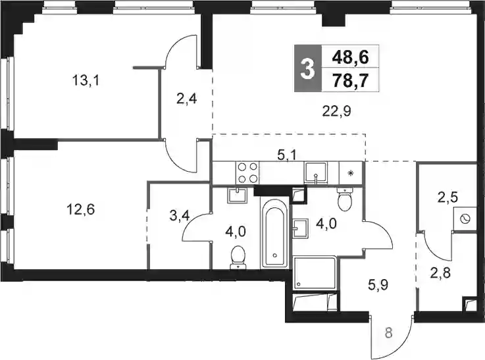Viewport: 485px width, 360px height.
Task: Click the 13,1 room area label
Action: coord(86,82)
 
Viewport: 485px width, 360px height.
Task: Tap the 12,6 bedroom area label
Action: coord(81,210)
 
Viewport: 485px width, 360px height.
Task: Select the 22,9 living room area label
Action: coord(336,111)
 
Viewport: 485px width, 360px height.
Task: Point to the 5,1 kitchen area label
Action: coord(287,154)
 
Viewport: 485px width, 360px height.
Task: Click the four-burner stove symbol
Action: coord(247,172)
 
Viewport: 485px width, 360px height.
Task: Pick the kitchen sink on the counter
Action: coord(316,173)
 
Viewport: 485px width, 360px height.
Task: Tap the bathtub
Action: coord(275,233)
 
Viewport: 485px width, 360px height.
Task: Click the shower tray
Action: coord(315,272)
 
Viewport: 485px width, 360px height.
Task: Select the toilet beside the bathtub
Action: coord(238,257)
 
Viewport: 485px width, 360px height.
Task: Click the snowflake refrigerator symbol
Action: coord(351,173)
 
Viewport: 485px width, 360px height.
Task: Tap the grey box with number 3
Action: coord(308,68)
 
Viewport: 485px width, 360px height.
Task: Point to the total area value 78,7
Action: coord(350,81)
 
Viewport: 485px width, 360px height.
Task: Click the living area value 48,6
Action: coord(351,57)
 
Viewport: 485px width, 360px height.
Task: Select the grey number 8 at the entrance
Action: coord(389,334)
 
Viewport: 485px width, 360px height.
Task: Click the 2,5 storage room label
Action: coord(447,197)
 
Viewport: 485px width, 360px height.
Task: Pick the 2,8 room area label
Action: coord(440,273)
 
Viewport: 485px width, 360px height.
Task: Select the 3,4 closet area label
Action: coord(180,216)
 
